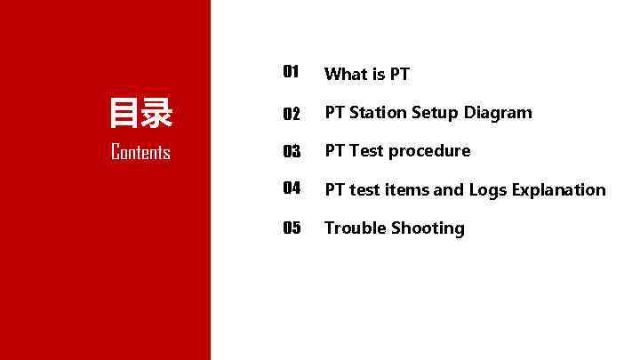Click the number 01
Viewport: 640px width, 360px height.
291,72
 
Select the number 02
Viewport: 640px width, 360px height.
292,114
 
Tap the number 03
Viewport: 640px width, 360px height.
292,152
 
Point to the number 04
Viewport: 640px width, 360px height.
292,188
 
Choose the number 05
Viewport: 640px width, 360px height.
292,228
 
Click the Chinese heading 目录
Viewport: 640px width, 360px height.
140,114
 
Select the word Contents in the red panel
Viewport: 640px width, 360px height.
140,153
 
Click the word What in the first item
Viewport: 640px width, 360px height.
346,74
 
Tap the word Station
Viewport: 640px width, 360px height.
378,113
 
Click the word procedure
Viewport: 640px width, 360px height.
429,152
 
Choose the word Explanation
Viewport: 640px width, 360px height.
558,190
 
